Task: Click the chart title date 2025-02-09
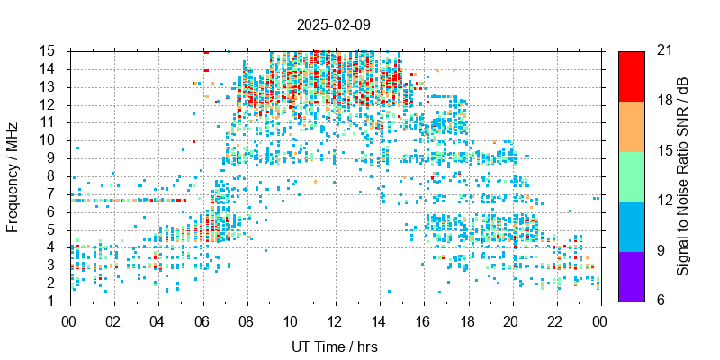(x=333, y=24)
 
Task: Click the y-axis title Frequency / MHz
(x=13, y=175)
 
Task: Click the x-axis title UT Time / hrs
(x=335, y=346)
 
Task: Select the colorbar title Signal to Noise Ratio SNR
(x=683, y=175)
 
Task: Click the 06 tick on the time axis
(x=202, y=320)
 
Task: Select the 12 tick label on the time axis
(x=335, y=320)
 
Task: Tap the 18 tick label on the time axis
(x=467, y=320)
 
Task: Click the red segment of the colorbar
(x=631, y=76)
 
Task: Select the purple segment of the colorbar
(x=631, y=275)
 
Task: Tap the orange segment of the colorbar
(x=631, y=126)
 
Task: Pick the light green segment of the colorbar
(x=631, y=175)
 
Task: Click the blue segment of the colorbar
(x=631, y=226)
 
